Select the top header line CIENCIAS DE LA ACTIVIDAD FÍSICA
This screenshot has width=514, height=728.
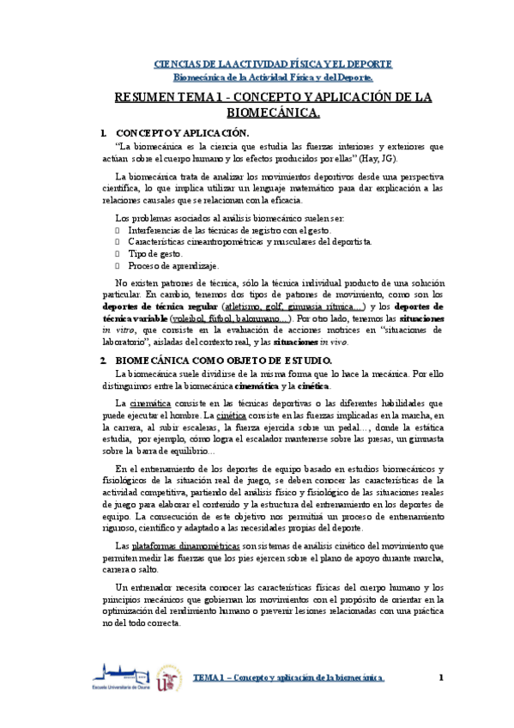[x=273, y=64]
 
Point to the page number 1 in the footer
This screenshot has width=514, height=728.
[x=441, y=678]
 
